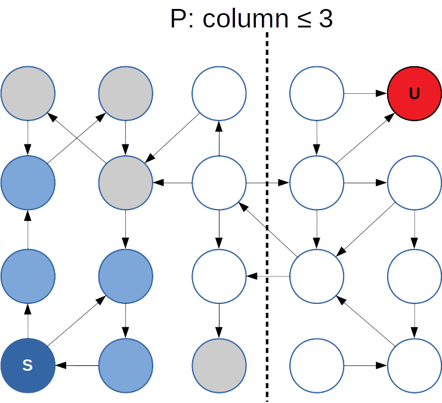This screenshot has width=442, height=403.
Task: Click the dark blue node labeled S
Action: click(27, 365)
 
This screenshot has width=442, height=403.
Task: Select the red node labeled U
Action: click(415, 93)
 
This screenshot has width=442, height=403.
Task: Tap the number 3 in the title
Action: click(325, 19)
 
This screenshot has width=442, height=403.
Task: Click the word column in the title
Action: click(245, 19)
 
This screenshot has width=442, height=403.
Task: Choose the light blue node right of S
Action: click(125, 365)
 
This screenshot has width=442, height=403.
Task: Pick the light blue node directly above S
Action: click(27, 276)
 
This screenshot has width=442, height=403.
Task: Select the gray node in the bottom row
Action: click(219, 365)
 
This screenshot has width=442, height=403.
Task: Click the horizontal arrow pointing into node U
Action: click(366, 93)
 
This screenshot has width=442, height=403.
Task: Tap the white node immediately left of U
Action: click(317, 93)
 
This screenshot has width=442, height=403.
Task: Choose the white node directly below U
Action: click(415, 183)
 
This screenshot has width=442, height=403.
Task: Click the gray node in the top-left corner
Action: click(27, 93)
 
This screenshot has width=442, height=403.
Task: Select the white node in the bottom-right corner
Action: click(415, 365)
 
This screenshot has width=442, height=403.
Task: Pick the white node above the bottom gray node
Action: click(219, 276)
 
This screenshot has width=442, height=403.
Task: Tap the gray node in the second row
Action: click(125, 183)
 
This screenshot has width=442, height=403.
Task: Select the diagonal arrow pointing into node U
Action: click(366, 137)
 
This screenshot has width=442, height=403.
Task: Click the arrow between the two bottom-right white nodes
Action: click(366, 365)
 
